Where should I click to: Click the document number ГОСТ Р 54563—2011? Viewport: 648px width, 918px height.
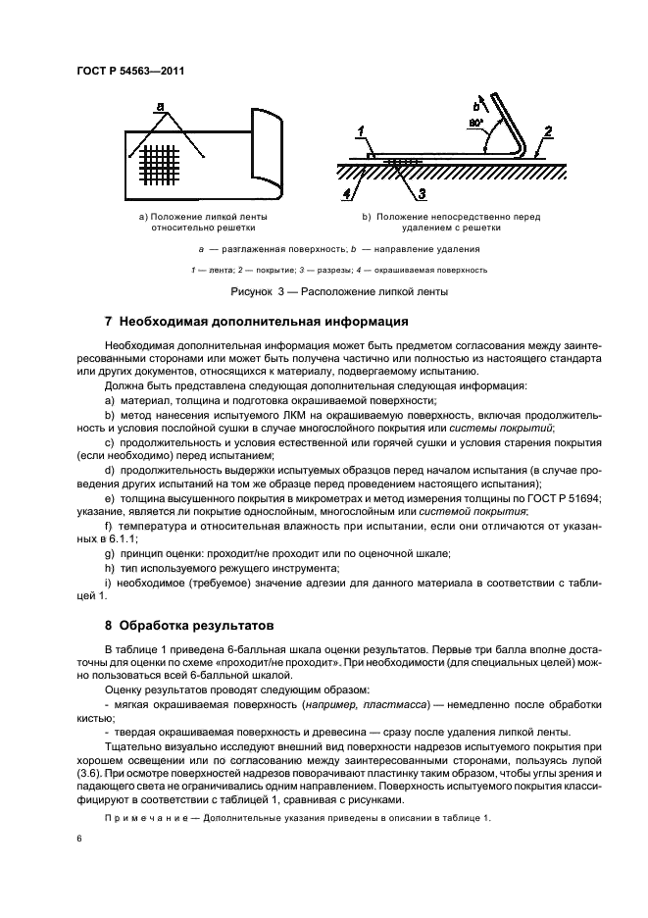pos(129,71)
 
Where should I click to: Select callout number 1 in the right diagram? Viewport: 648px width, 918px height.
pos(361,130)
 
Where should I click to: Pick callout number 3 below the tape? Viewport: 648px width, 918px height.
pos(422,192)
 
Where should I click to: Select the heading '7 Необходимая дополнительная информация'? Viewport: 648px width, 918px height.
pos(243,322)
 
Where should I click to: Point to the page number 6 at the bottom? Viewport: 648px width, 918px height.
pos(79,839)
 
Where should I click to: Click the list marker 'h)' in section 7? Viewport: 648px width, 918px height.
pos(109,568)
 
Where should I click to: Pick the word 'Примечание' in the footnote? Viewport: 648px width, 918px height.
pos(145,817)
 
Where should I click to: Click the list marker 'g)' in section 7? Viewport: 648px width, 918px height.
pos(109,554)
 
